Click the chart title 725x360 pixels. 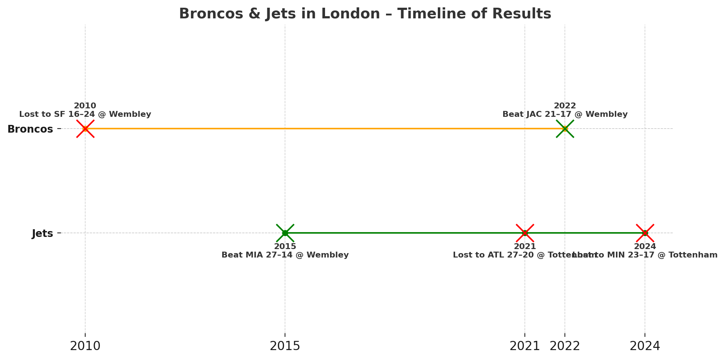(x=365, y=14)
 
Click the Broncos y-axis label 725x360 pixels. (x=30, y=129)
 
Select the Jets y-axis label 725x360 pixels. (x=42, y=234)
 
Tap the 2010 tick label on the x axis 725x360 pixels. (x=85, y=346)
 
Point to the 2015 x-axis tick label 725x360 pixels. (x=285, y=346)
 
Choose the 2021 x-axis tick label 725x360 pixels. (x=524, y=346)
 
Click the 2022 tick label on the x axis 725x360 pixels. (x=565, y=346)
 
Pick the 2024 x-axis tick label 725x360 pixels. (x=645, y=346)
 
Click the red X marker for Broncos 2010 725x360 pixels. (x=85, y=129)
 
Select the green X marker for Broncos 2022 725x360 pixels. (x=565, y=129)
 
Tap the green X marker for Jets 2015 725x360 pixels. (x=285, y=233)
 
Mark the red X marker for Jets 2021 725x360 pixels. (x=525, y=233)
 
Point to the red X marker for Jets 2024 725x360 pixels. (x=645, y=233)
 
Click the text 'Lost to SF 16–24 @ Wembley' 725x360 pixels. (x=85, y=115)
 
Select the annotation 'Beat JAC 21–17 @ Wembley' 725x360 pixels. (x=565, y=115)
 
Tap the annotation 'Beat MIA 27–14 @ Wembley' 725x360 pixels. (x=285, y=255)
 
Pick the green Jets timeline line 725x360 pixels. (x=404, y=233)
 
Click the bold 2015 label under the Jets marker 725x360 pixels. (x=285, y=246)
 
